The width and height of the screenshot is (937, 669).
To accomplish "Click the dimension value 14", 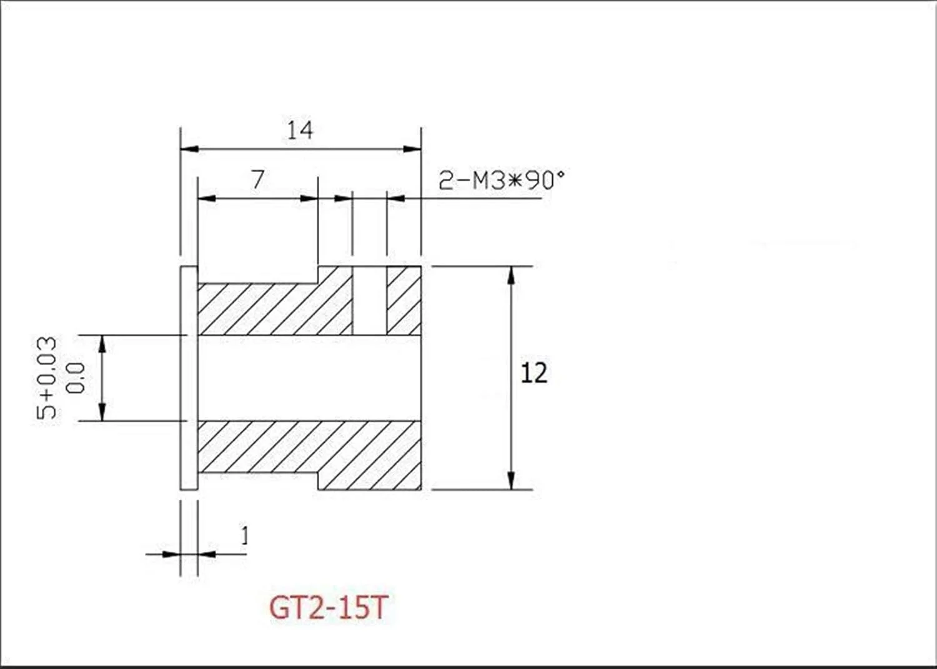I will (300, 130).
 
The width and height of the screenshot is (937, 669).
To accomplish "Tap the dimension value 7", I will (258, 179).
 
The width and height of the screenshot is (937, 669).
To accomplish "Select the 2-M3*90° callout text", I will (501, 181).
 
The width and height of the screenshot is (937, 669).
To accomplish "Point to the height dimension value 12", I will (533, 373).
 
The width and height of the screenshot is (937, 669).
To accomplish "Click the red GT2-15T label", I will (329, 607).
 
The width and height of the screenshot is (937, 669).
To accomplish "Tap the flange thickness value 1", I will (244, 536).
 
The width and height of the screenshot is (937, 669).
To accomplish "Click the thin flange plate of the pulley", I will (189, 378).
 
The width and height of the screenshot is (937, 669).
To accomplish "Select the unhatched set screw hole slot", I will (370, 300).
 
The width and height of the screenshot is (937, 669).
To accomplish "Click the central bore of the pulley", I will (309, 378).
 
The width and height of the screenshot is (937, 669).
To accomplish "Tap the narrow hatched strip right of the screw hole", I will (404, 300).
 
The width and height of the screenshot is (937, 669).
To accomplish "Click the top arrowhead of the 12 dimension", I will (511, 275).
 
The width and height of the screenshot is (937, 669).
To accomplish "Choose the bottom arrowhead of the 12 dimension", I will (511, 480).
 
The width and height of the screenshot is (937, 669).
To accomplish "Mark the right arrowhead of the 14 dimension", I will (412, 149).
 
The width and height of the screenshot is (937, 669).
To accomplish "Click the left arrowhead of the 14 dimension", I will (189, 149).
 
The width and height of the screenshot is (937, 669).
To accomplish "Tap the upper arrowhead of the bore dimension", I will (102, 343).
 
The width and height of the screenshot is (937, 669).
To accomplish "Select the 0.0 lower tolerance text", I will (76, 378).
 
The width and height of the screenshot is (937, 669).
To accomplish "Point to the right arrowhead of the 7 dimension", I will (309, 198).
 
